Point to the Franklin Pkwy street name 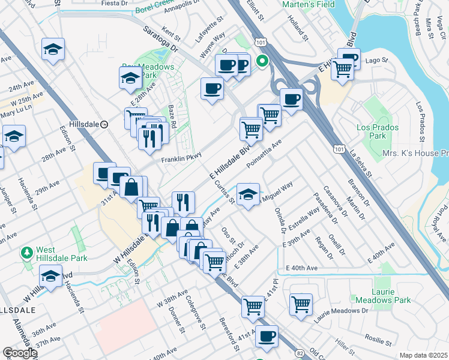(179, 160)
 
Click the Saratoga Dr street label (160, 37)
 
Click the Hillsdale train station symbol (104, 124)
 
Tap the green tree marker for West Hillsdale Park (26, 253)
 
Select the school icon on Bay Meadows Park (130, 78)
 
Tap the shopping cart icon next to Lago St (342, 69)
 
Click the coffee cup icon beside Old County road (267, 337)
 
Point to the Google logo (20, 353)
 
